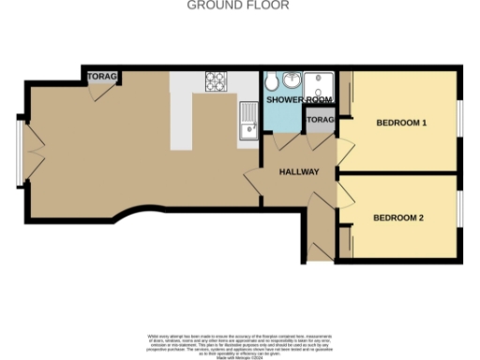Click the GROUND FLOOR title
point(238,6)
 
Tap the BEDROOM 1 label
point(401,123)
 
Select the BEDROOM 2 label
point(398,218)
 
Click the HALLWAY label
point(300,172)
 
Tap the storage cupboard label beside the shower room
point(320,121)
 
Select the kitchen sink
point(249,121)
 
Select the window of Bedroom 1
point(460,119)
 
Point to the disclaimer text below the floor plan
point(238,344)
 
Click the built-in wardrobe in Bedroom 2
point(343,239)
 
